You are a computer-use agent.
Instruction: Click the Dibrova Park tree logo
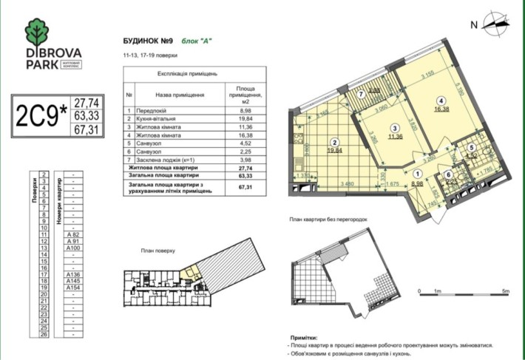pos(38,31)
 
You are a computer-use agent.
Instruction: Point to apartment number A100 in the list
pos(72,248)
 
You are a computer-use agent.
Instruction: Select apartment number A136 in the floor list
pos(72,275)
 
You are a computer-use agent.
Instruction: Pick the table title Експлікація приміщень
pos(186,75)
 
